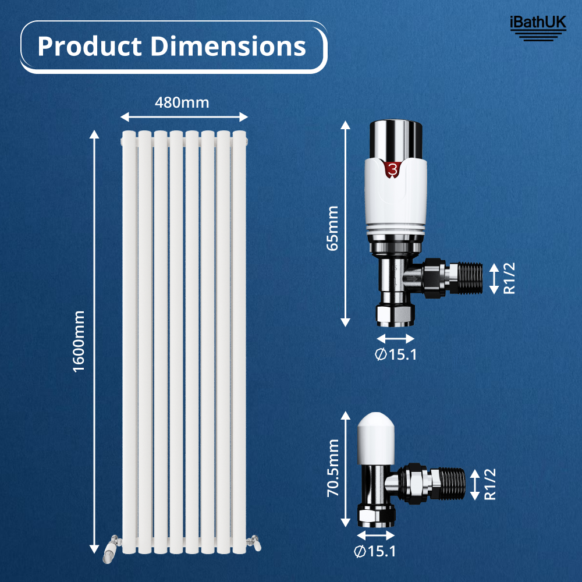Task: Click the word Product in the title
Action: coord(90,47)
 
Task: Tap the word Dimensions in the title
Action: coord(229,47)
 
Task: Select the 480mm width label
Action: coord(182,102)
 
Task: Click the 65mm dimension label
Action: coord(332,228)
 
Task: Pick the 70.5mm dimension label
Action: coord(332,469)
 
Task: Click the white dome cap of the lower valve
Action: coord(377,431)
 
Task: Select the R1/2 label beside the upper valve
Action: coord(509,278)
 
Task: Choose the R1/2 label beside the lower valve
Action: coord(491,484)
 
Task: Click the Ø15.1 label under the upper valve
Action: coord(396,354)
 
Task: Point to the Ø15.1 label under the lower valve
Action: coord(375,551)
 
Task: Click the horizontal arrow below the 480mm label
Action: coord(184,117)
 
